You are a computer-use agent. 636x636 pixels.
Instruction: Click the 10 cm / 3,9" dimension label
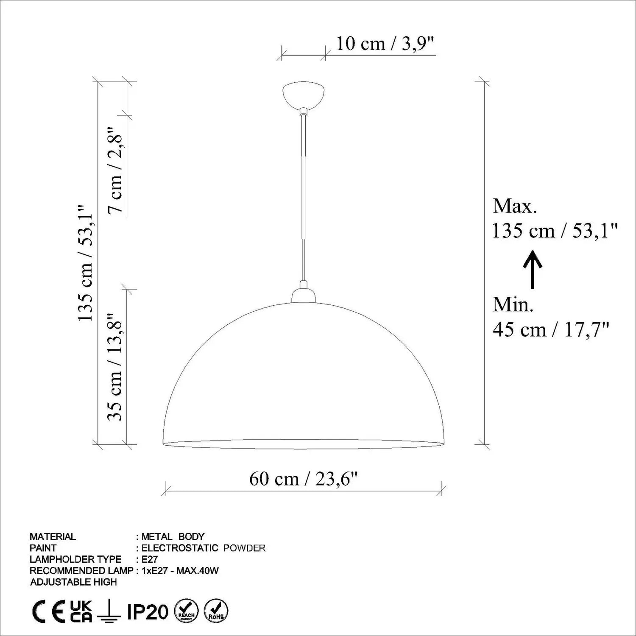pos(385,44)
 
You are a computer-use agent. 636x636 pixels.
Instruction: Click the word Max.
pos(515,206)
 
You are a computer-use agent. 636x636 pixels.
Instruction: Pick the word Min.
pos(513,305)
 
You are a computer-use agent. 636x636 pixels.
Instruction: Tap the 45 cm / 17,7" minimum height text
pos(551,329)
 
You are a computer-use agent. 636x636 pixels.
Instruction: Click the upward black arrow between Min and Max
pos(533,270)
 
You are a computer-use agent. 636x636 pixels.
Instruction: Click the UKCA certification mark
pos(81,611)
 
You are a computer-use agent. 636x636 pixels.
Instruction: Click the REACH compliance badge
pos(186,611)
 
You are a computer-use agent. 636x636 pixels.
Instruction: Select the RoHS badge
pos(216,611)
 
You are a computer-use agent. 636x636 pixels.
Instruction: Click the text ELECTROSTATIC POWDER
pos(204,548)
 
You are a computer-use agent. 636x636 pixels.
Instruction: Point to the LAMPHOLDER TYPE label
pos(75,560)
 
